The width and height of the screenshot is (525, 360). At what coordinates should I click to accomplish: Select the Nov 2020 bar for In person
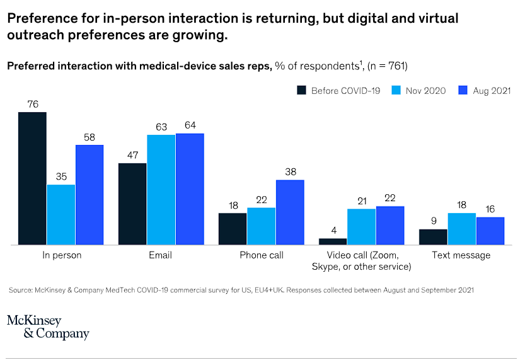tap(61, 214)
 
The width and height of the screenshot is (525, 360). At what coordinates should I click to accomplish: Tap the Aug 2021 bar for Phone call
tap(290, 212)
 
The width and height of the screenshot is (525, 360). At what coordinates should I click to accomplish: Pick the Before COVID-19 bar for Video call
tap(333, 241)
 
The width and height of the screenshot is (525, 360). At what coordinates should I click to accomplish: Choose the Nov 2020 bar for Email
tap(161, 190)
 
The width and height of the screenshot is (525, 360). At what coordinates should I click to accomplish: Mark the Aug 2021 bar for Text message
tap(490, 231)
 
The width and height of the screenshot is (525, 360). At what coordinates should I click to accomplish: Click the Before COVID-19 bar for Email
tap(132, 204)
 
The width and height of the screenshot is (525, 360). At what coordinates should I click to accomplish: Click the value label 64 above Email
tap(190, 125)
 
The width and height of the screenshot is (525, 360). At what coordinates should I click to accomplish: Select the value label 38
tap(290, 171)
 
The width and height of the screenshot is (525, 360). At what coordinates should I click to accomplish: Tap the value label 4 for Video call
tap(333, 230)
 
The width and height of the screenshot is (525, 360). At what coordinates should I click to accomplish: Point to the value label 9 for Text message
tap(433, 221)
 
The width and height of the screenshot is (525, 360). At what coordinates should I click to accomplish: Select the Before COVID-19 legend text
tap(345, 91)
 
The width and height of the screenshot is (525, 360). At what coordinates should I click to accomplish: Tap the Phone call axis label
tap(262, 255)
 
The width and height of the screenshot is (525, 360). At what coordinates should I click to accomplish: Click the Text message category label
tap(461, 255)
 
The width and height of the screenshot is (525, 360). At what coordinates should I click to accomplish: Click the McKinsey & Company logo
tap(48, 327)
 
